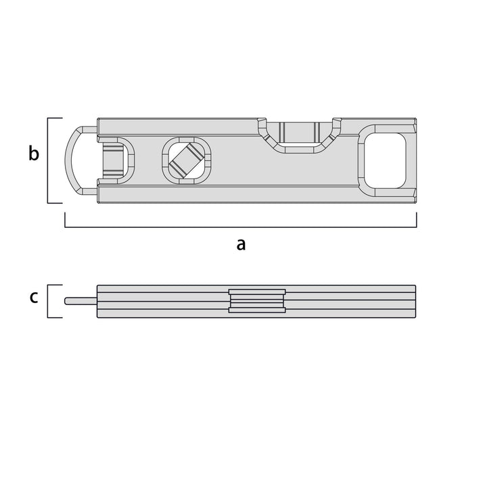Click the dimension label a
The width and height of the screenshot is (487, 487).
pyautogui.click(x=241, y=244)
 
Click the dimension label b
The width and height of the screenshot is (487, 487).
pyautogui.click(x=34, y=153)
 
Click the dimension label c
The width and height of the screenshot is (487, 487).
pyautogui.click(x=34, y=297)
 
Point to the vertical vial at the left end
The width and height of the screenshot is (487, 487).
pyautogui.click(x=113, y=160)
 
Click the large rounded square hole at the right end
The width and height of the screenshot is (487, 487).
pyautogui.click(x=385, y=160)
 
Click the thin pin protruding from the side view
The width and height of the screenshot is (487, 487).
pyautogui.click(x=80, y=301)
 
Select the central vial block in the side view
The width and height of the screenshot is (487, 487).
pyautogui.click(x=257, y=300)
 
